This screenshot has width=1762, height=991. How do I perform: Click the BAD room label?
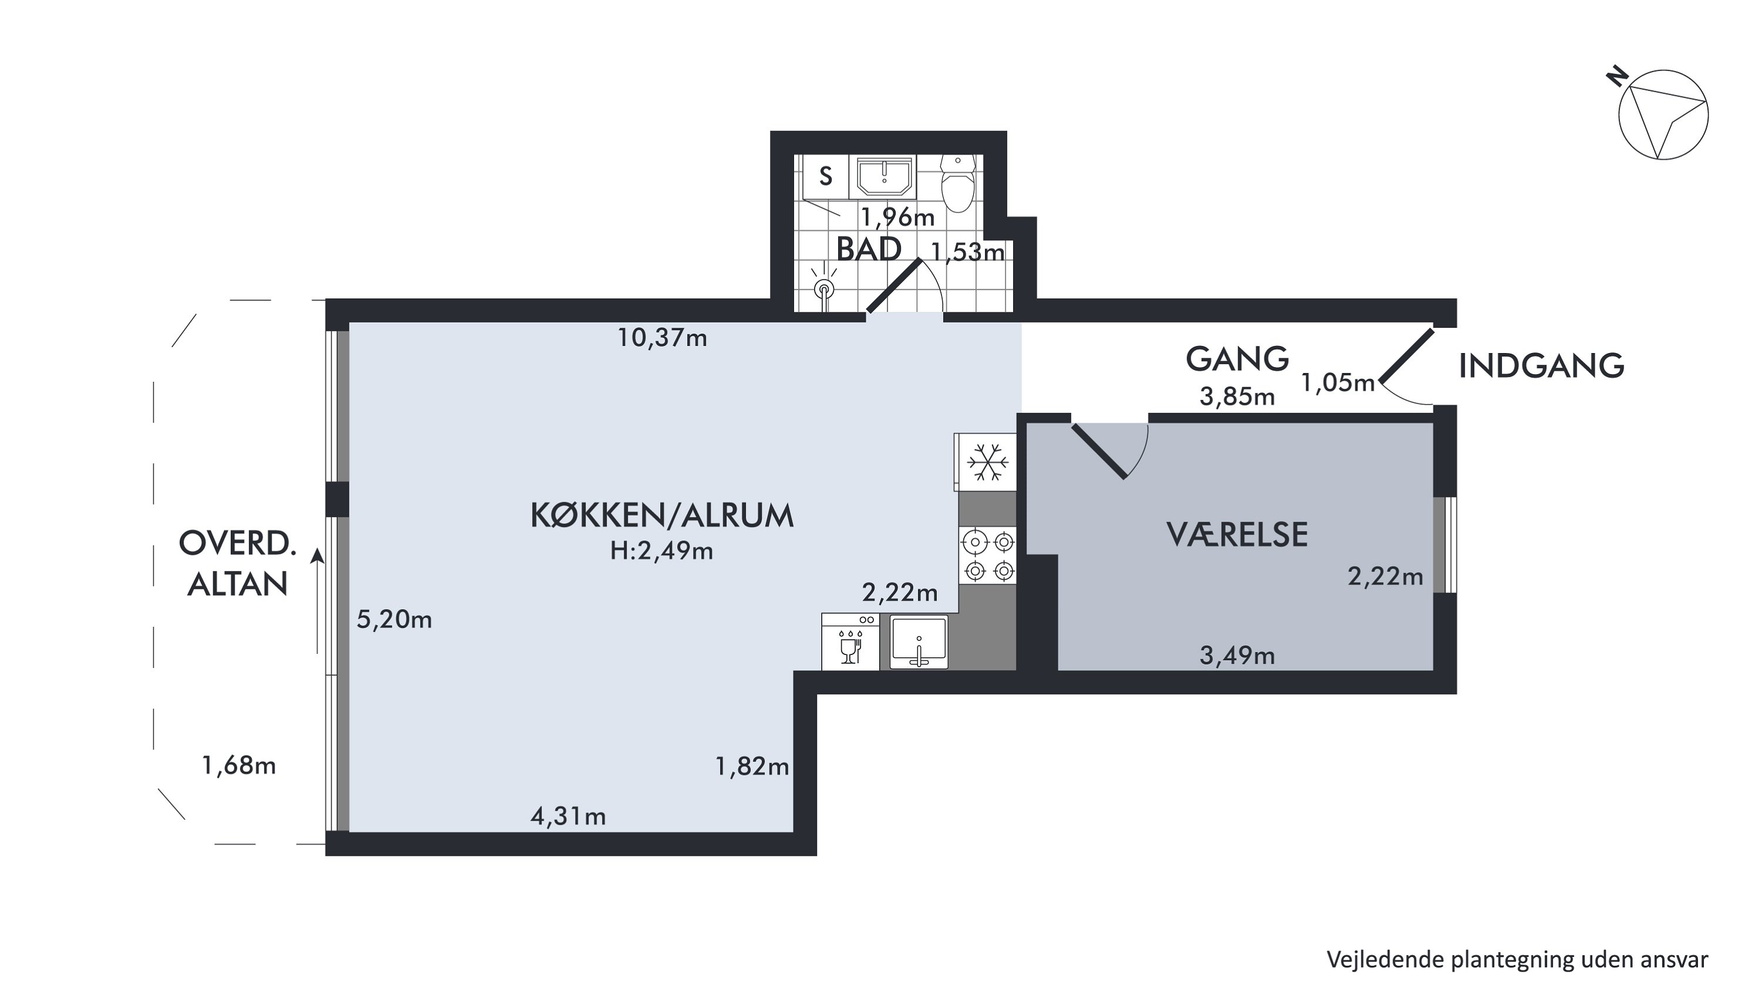tap(869, 250)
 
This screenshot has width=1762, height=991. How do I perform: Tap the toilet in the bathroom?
tap(957, 183)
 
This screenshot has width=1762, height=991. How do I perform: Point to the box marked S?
tap(826, 176)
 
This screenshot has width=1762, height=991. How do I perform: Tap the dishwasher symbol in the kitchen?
tap(850, 641)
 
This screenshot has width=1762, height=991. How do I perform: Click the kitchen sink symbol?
tap(919, 641)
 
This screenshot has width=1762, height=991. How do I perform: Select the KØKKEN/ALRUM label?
tap(662, 516)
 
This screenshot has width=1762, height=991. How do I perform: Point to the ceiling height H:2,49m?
tap(661, 551)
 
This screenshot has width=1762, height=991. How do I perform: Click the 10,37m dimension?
tap(662, 338)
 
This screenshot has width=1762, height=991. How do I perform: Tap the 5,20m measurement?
tap(394, 620)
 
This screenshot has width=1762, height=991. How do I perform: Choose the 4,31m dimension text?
tap(569, 817)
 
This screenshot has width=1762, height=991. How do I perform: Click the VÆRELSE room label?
tap(1238, 535)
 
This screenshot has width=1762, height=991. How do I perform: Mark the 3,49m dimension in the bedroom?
tap(1238, 657)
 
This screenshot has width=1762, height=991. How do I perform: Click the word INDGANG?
tap(1542, 366)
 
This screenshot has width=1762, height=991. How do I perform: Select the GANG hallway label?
tap(1238, 359)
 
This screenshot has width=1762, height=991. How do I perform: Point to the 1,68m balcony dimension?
tap(238, 766)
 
